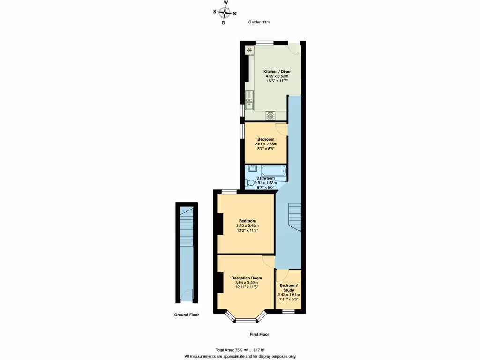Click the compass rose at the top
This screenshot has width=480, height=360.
tap(225, 13)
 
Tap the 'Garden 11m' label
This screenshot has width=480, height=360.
tap(259, 22)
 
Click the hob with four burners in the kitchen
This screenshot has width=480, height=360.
tap(270, 115)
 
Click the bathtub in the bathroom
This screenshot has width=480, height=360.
tap(270, 171)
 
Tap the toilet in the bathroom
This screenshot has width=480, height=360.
tap(250, 183)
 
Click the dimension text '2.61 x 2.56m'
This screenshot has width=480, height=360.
tap(266, 144)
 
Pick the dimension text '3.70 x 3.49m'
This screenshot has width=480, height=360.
tap(247, 226)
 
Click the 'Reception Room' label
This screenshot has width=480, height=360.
tap(246, 277)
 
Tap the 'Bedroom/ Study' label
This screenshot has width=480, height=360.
tap(288, 288)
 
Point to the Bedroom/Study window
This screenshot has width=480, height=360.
tap(288, 312)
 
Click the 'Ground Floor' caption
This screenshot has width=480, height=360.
tap(187, 315)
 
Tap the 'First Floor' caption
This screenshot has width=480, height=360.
tap(259, 335)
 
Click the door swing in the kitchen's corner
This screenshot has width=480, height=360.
tap(295, 49)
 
